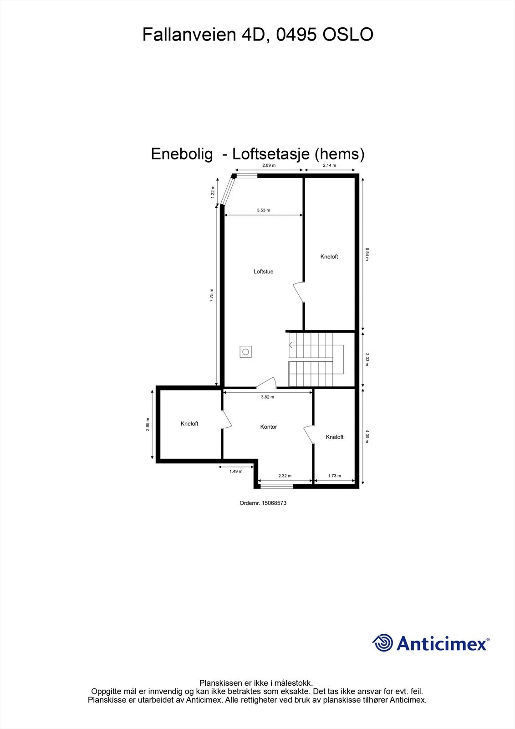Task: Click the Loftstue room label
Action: (263, 272)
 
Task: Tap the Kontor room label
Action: (268, 427)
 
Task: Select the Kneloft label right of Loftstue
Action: (329, 257)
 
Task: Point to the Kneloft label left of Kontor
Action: (189, 424)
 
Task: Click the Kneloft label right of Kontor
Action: (334, 437)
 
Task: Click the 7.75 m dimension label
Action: (211, 296)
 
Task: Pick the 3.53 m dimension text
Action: (263, 210)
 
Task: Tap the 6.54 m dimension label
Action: (367, 254)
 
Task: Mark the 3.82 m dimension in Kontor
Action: (267, 397)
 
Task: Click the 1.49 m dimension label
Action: (236, 472)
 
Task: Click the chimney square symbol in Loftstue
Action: (246, 352)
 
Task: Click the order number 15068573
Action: (263, 503)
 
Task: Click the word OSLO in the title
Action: (348, 35)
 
